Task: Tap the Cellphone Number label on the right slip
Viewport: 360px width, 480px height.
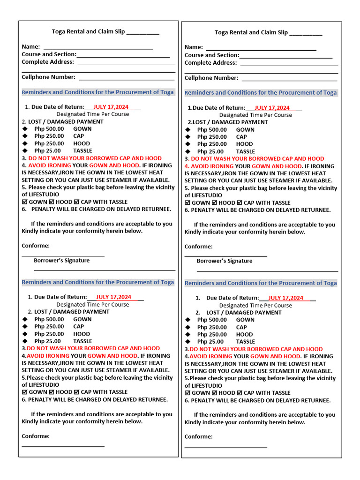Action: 211,78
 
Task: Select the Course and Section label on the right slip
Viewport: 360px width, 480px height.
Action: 212,55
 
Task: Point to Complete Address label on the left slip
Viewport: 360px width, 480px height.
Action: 48,62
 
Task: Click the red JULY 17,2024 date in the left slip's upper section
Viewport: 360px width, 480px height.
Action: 111,107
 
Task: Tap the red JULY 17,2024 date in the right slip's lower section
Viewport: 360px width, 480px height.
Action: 285,298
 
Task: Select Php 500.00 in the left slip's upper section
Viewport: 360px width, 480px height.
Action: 49,129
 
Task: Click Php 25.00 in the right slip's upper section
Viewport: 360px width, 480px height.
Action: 210,151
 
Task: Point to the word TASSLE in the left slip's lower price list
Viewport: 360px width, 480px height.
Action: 82,341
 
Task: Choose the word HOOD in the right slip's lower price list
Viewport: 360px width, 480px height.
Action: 244,335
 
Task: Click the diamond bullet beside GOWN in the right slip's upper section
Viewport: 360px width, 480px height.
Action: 188,130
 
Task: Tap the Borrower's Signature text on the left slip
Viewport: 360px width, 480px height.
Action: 61,261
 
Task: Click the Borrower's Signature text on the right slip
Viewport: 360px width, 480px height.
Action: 225,261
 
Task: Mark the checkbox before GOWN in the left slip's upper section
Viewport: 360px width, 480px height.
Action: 25,202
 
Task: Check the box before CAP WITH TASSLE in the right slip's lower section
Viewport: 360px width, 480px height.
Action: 240,393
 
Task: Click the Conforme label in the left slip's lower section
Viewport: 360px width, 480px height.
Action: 36,436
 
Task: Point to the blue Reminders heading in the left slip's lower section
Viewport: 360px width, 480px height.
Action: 98,282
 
